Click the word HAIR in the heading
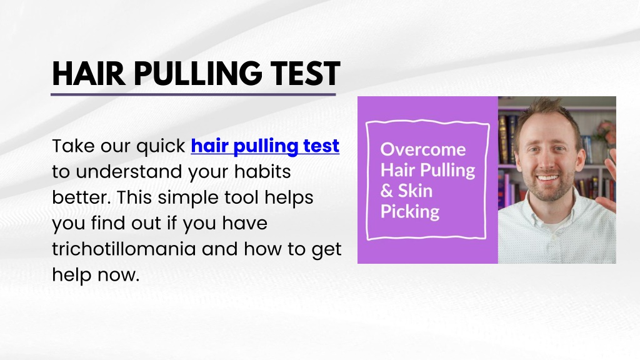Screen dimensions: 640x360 point(89,74)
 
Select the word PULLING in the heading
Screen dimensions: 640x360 point(198,74)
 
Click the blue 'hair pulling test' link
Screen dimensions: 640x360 point(265,146)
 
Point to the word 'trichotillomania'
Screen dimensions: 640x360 point(124,249)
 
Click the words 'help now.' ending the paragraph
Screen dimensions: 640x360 point(96,274)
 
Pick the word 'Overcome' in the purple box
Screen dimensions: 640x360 point(423,149)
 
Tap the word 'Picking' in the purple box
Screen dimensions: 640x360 point(410,212)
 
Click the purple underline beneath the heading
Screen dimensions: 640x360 point(193,95)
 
